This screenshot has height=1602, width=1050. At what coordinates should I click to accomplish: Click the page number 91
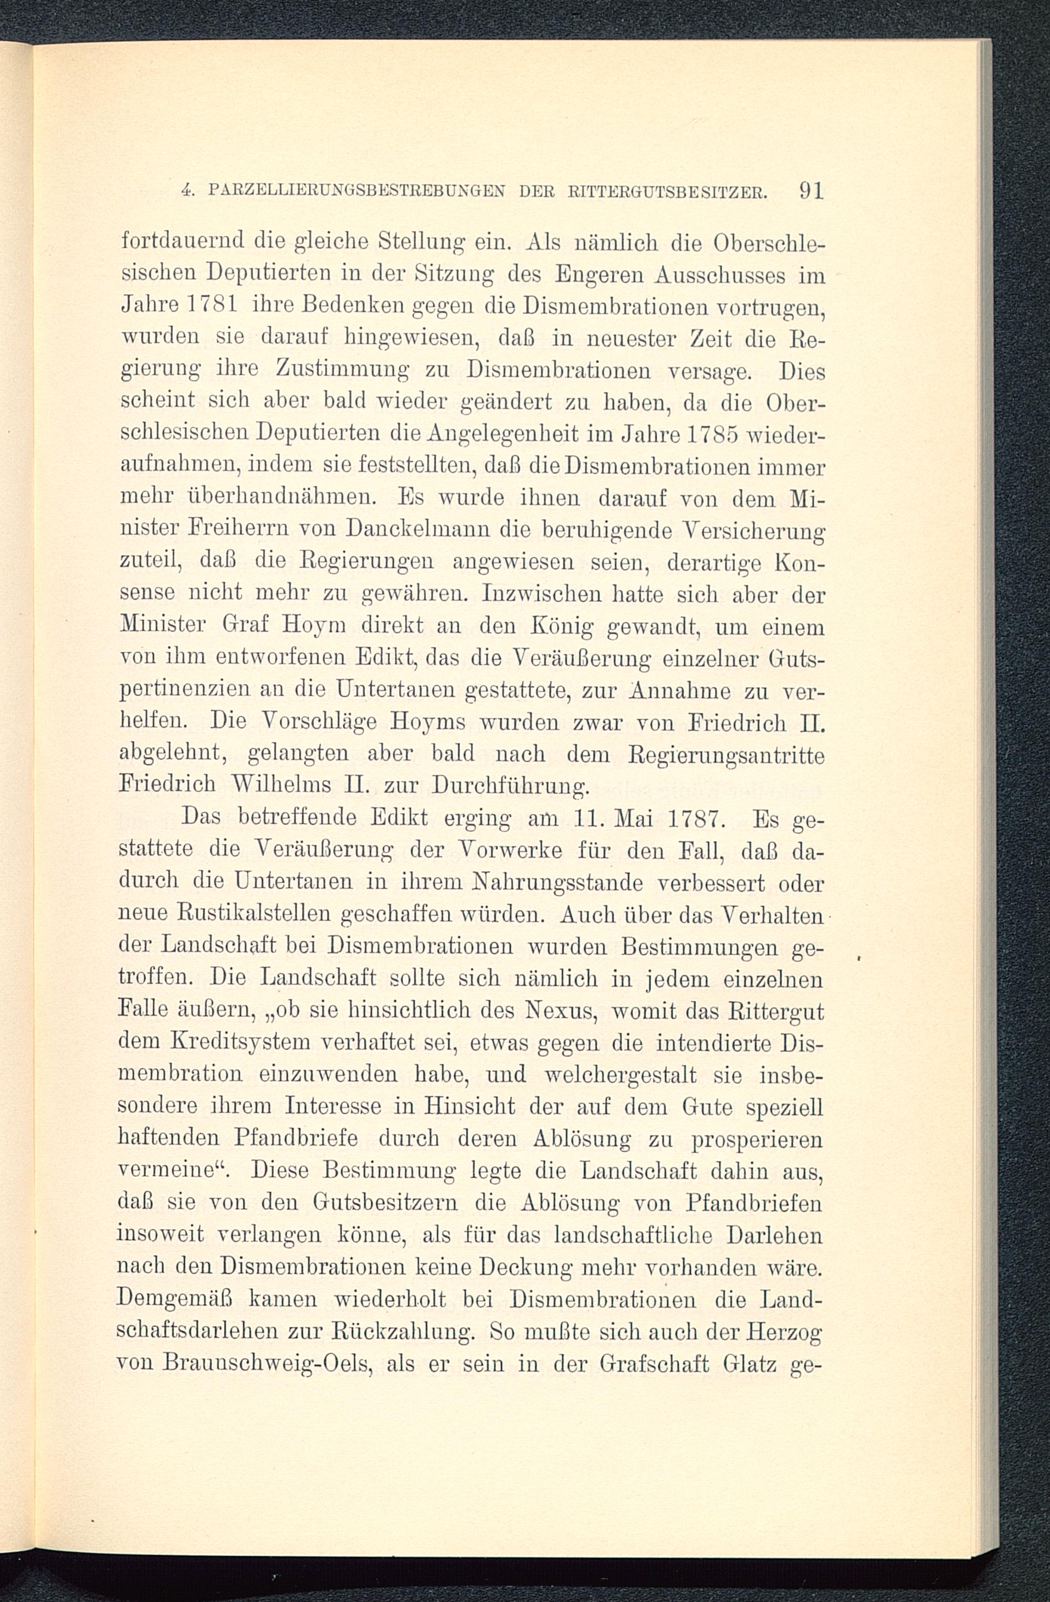[811, 191]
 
